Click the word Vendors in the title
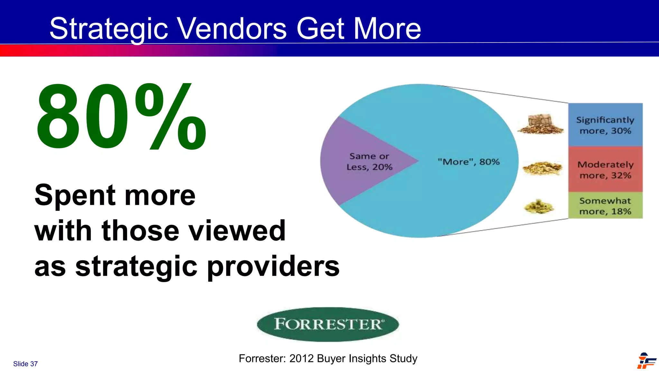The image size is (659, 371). point(232,29)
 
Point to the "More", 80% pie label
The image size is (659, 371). point(469,162)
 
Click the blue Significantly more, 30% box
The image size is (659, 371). point(605,125)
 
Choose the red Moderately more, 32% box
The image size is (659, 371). point(605,169)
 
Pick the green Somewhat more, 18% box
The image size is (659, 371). point(605,205)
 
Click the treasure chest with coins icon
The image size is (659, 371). point(541,124)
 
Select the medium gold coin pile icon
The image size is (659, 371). point(542,168)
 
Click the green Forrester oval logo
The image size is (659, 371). point(328,324)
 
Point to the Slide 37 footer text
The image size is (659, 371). point(25,364)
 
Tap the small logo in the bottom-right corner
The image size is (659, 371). point(646,361)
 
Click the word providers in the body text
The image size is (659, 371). point(273,267)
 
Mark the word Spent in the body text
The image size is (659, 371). point(75,195)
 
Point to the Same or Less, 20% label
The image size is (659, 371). point(369,162)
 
